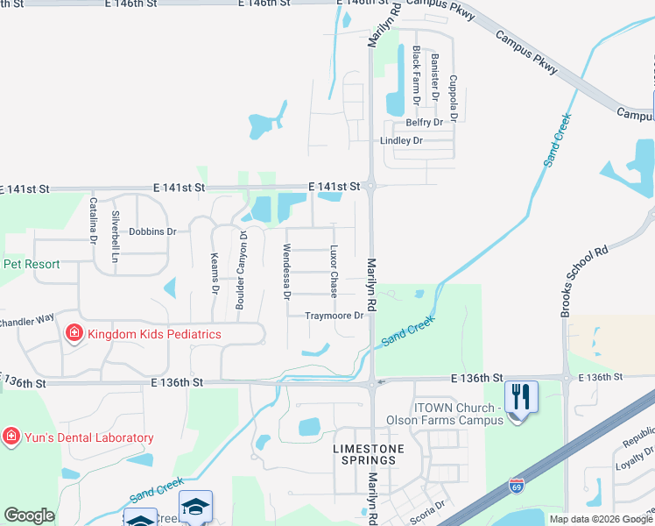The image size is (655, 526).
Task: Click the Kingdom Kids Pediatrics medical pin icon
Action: point(74,333)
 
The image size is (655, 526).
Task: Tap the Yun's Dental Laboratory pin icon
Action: point(11,437)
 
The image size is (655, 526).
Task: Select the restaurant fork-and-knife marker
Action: point(521,398)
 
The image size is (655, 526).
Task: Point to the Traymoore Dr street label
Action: point(334,316)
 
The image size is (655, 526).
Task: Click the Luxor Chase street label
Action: point(334,270)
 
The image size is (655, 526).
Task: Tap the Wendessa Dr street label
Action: point(285,272)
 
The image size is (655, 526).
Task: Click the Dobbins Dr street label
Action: point(152,231)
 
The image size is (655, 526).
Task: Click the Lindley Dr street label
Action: point(401,140)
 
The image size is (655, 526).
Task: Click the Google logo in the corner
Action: point(29,515)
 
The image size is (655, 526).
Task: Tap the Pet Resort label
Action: point(31,264)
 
